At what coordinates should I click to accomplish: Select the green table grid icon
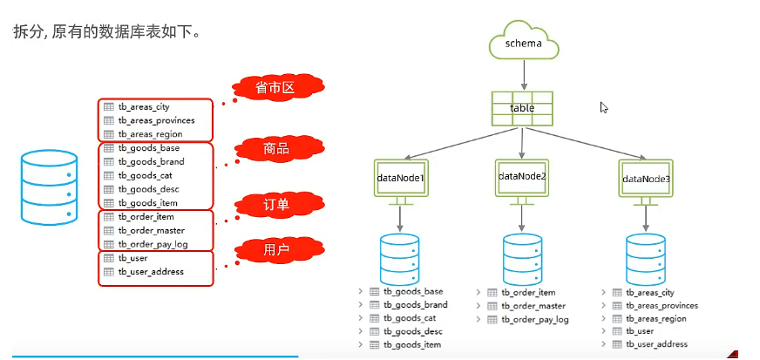522,108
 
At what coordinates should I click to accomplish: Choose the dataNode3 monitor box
646,178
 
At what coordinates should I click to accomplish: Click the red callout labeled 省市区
273,89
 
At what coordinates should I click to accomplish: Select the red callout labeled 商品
275,149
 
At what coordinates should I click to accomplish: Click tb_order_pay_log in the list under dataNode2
535,320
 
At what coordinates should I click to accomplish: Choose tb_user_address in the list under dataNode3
656,344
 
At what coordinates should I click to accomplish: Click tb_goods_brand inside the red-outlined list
151,162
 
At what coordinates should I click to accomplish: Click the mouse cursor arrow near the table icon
603,107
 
